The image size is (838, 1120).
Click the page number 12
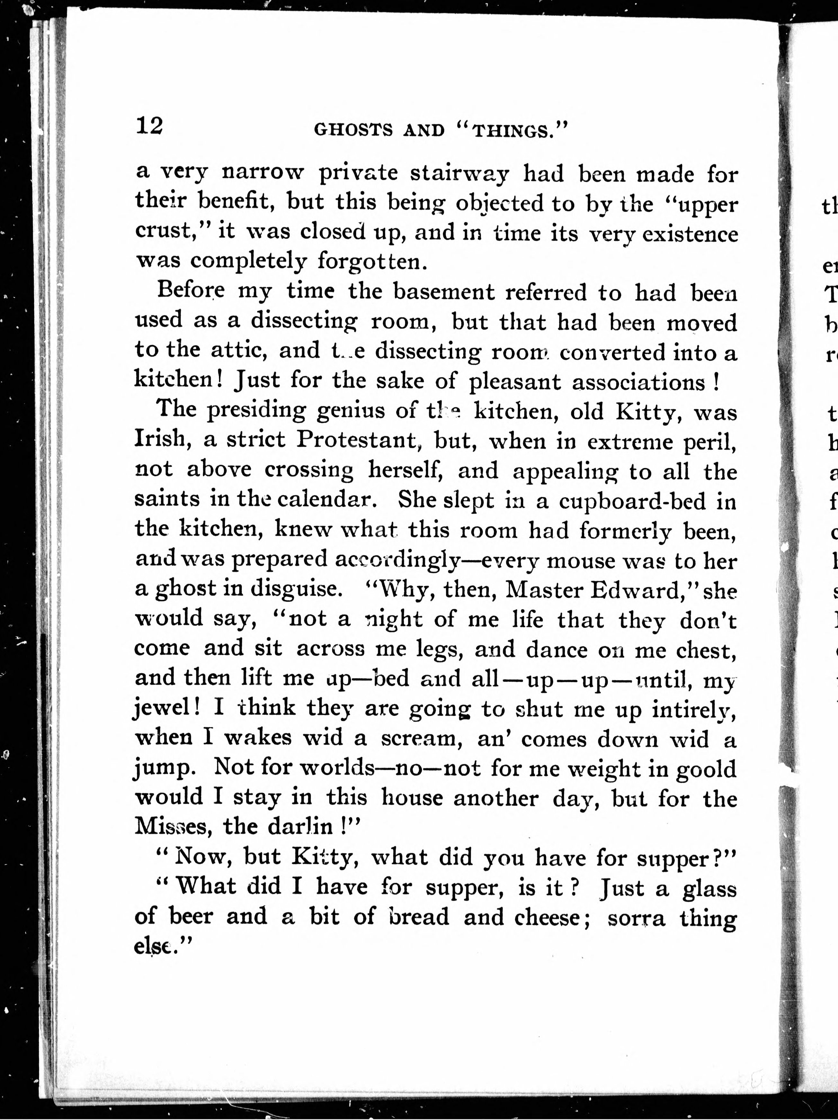point(149,126)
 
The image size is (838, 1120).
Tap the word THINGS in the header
point(512,131)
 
